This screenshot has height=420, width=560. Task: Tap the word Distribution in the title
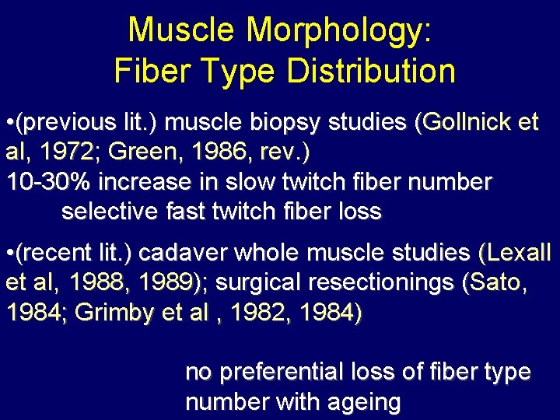(x=371, y=72)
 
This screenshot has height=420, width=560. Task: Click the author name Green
(x=141, y=152)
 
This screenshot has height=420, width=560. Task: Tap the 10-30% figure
(x=48, y=182)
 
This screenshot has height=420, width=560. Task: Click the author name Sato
(x=496, y=283)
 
